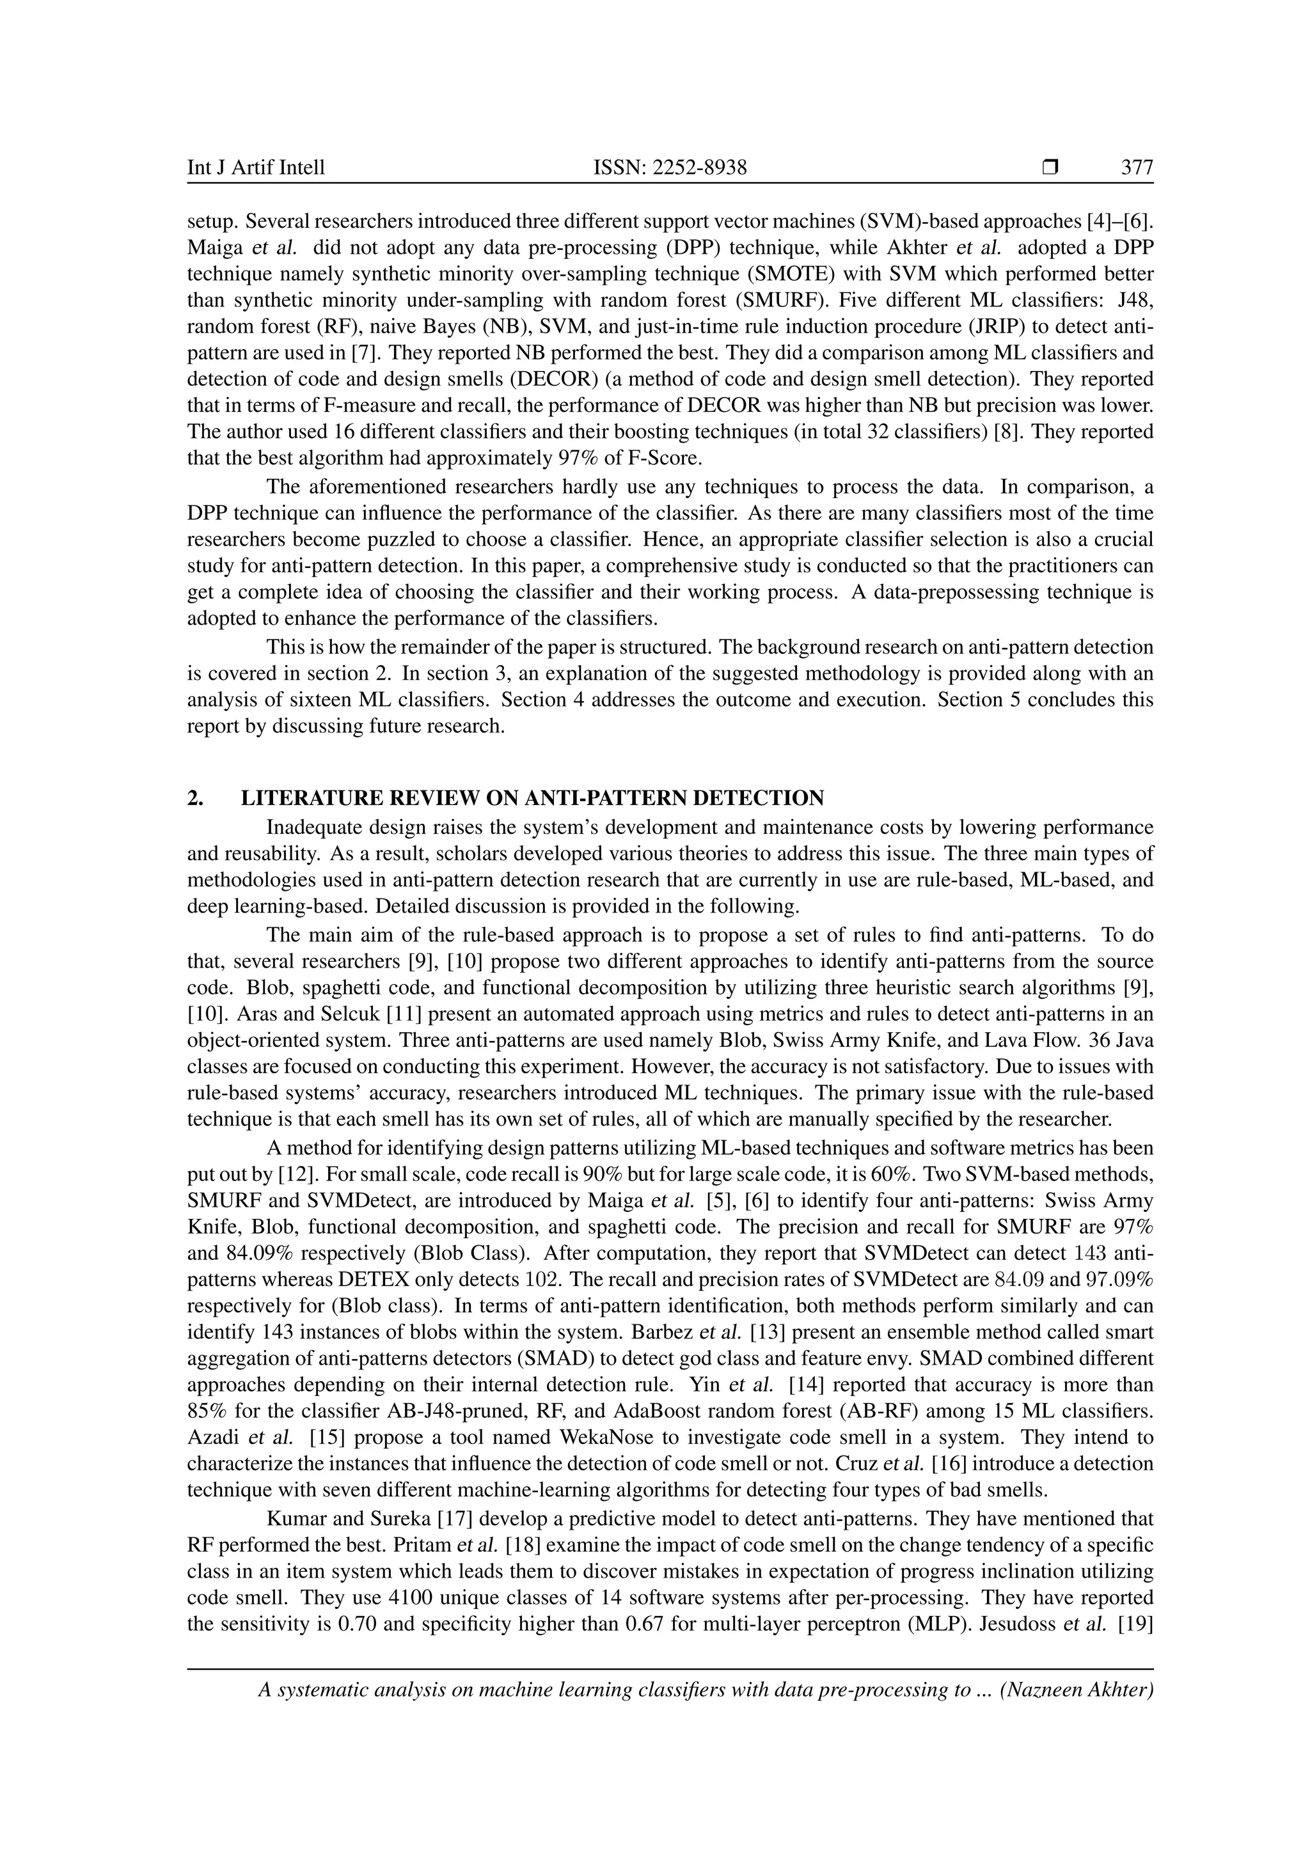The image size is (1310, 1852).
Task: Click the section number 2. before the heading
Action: tap(194, 799)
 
